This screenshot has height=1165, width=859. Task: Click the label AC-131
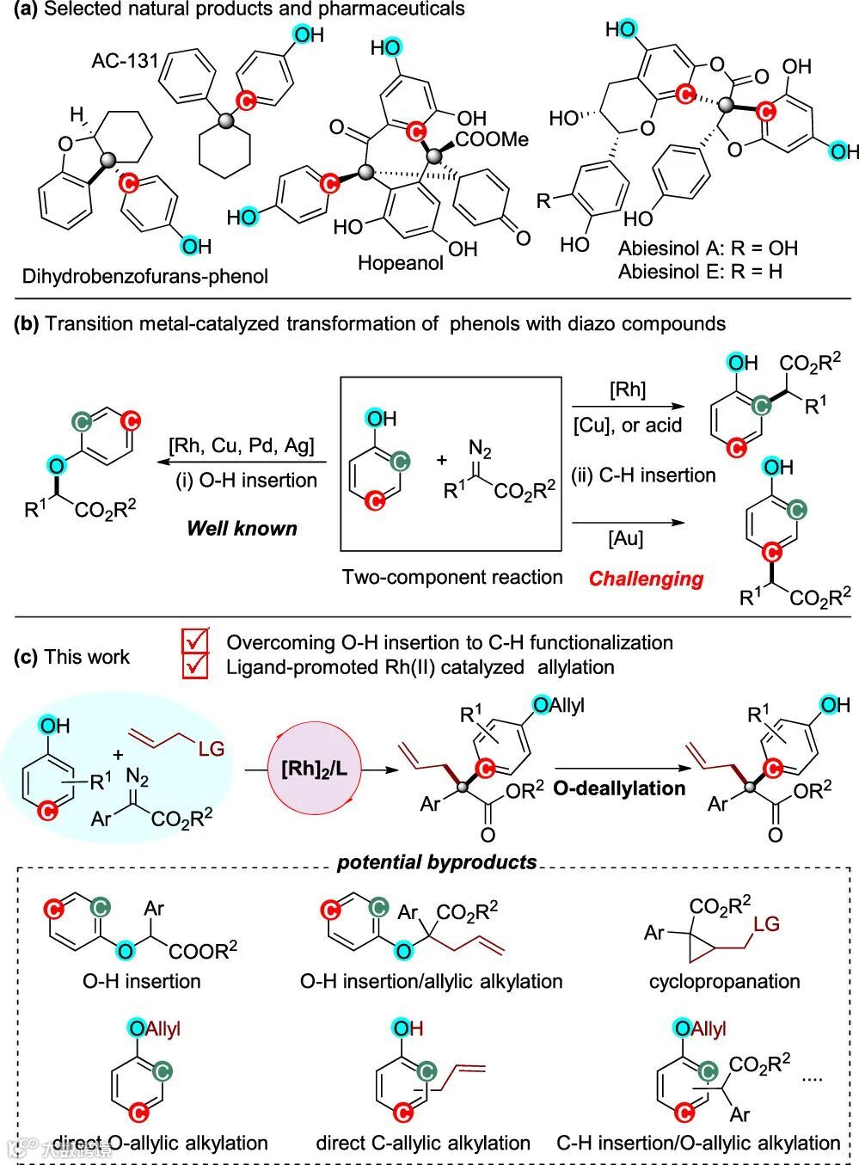point(126,61)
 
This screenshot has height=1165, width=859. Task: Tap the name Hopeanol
point(401,262)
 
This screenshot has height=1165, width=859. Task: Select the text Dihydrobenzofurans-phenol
point(145,276)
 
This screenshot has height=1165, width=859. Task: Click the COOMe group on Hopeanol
point(493,139)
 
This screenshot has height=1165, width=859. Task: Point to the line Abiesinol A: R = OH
point(708,248)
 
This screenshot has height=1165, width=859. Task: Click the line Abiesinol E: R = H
point(701,272)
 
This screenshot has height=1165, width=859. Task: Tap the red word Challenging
point(646,579)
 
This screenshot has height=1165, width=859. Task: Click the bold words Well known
point(242,528)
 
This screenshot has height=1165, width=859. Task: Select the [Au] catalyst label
point(625,538)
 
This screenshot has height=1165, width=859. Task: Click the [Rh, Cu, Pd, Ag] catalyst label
point(242,445)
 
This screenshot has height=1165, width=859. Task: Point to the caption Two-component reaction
point(452,577)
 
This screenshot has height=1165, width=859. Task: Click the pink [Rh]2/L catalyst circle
point(315,767)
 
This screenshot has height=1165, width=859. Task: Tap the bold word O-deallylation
point(619,788)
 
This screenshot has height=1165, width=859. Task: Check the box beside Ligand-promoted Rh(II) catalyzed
point(196,665)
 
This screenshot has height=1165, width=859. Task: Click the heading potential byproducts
point(437,861)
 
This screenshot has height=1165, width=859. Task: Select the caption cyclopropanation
point(724,981)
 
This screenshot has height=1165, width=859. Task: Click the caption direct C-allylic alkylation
point(423,1143)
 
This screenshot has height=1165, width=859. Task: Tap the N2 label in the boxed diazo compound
point(479,448)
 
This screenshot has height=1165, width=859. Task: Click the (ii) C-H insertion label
point(644,475)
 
